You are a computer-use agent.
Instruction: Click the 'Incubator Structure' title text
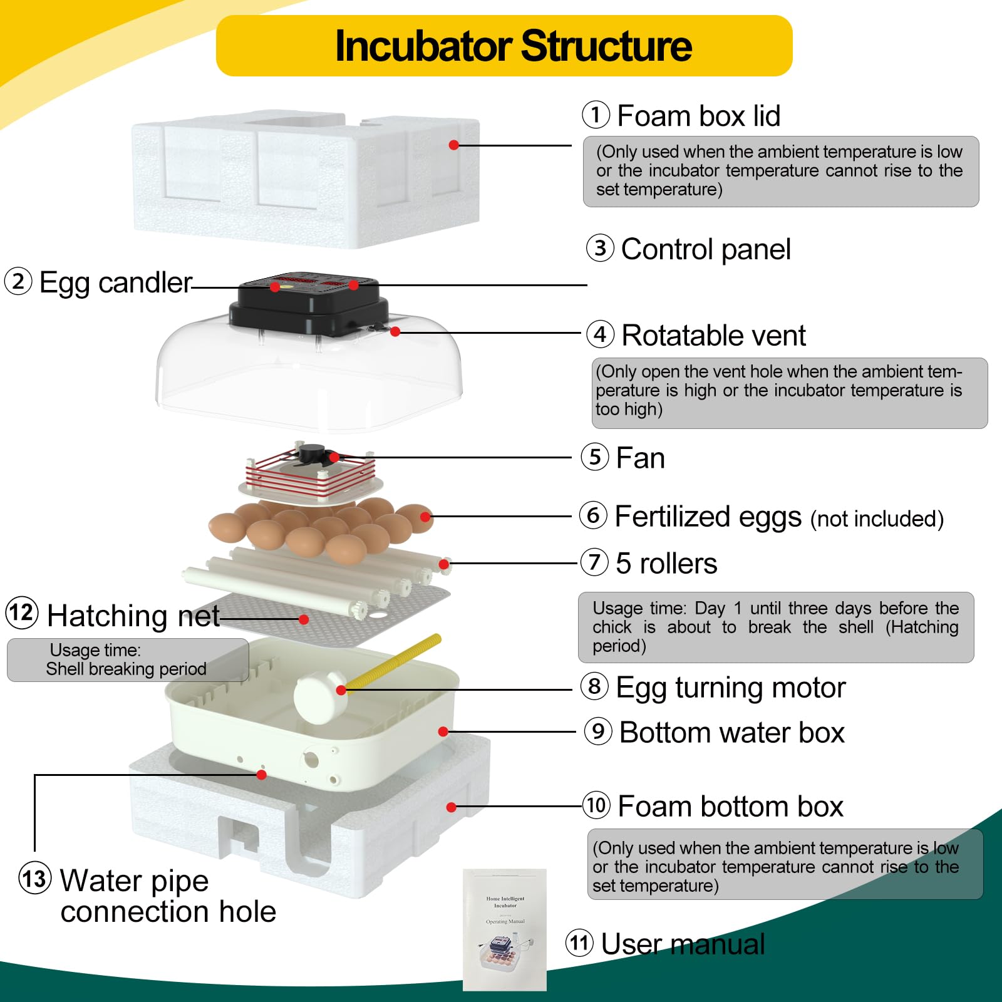click(x=514, y=46)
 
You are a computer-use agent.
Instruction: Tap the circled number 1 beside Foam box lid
click(x=596, y=115)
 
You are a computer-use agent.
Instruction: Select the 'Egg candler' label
click(x=115, y=282)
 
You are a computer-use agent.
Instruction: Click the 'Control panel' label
click(x=706, y=249)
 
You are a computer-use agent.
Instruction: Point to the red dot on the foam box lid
click(x=454, y=145)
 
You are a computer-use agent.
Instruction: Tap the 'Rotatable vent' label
click(x=713, y=335)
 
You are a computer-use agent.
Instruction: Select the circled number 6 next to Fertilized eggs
click(x=593, y=515)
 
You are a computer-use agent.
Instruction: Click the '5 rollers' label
click(x=666, y=563)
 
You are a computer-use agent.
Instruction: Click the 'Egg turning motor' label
click(x=730, y=688)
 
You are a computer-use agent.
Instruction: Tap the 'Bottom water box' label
click(x=731, y=733)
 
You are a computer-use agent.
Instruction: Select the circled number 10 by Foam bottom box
click(x=596, y=805)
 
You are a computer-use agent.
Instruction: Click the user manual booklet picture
click(x=505, y=929)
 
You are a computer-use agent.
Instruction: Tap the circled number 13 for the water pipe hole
click(x=34, y=879)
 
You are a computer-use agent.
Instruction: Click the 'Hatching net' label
click(x=133, y=615)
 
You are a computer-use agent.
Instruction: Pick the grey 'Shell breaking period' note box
click(x=127, y=660)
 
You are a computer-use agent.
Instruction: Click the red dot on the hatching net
click(x=304, y=619)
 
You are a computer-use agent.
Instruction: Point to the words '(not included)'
click(x=877, y=519)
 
